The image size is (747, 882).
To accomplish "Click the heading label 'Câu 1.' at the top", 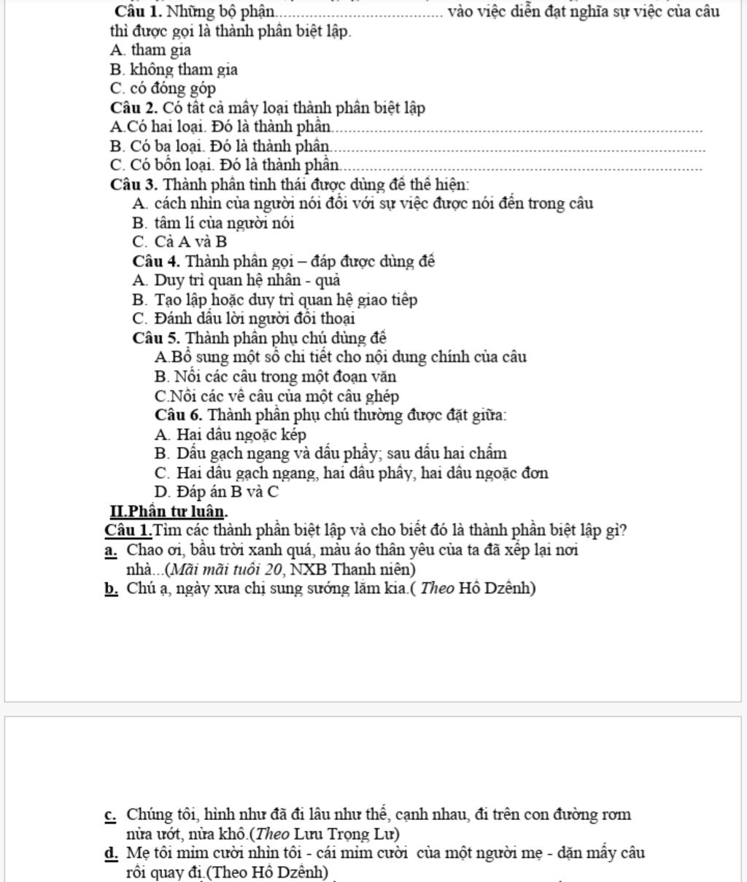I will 139,12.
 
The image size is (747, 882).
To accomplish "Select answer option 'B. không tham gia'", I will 174,70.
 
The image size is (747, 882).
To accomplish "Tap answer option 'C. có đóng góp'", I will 162,89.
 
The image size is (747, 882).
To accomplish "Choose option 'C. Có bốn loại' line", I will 225,165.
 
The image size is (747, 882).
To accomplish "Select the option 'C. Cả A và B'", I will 180,241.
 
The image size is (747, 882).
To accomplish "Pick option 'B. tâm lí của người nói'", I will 214,223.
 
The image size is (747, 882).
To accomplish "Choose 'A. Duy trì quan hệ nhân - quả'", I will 237,280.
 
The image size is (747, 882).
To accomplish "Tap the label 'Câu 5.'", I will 156,338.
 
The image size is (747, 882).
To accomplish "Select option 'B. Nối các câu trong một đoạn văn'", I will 276,376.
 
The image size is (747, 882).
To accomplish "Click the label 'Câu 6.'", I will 179,415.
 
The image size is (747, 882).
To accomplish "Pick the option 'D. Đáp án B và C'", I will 217,492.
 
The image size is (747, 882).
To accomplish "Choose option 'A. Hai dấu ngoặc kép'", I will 231,434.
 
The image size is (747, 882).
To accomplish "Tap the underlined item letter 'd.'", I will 112,853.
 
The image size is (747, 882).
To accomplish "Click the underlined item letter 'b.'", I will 112,588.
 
